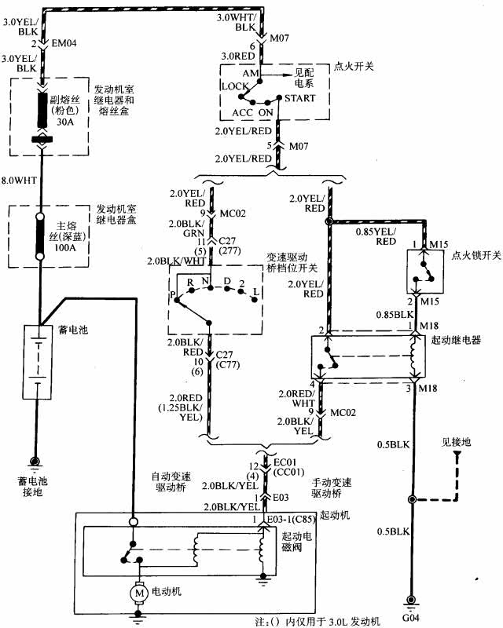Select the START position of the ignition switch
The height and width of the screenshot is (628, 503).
pos(300,98)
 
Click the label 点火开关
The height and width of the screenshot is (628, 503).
pos(352,66)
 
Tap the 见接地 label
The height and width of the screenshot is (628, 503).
pos(456,443)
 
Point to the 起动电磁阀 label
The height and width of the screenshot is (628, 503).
pos(296,542)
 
